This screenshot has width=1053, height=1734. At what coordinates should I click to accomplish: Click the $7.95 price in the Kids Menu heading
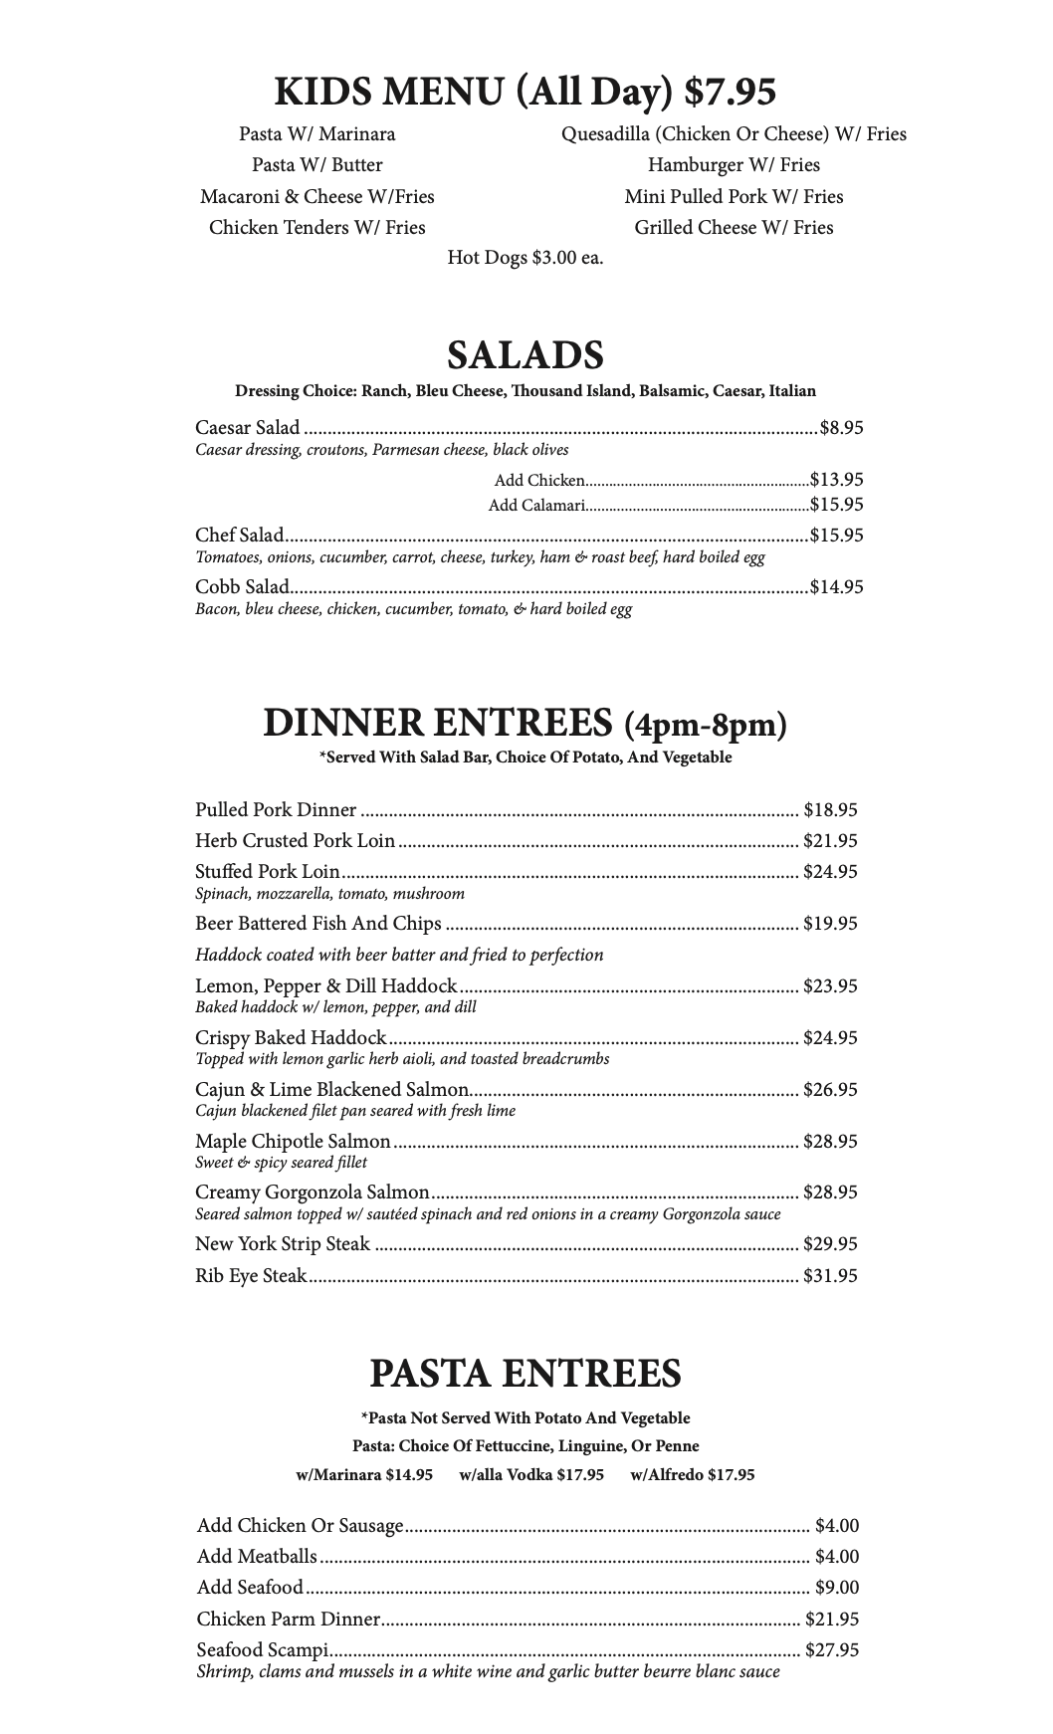(x=731, y=92)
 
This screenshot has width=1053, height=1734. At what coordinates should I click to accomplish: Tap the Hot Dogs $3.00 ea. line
(x=526, y=258)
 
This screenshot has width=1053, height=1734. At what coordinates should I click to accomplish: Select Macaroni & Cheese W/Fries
(x=316, y=196)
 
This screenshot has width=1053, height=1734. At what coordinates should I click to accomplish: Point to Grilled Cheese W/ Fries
(x=734, y=227)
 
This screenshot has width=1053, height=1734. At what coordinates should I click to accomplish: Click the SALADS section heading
(x=526, y=355)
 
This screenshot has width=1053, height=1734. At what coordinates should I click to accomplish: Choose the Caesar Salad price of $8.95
(x=841, y=428)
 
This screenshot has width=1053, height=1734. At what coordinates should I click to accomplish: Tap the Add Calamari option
(x=535, y=505)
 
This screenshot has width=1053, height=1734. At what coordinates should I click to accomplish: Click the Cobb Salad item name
(x=242, y=586)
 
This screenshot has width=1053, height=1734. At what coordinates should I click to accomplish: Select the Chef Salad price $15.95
(x=836, y=535)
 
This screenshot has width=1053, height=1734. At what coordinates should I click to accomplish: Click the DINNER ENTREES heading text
(x=438, y=723)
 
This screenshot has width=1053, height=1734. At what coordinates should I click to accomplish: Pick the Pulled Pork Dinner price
(x=830, y=810)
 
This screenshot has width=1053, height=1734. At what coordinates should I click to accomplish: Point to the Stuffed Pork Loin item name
(x=267, y=872)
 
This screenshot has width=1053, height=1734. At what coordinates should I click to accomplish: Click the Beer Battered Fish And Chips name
(x=317, y=924)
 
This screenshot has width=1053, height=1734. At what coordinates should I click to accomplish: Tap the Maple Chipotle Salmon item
(x=293, y=1141)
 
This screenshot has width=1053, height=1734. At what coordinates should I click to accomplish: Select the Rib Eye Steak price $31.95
(x=830, y=1275)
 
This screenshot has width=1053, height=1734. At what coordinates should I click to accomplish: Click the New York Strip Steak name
(x=282, y=1243)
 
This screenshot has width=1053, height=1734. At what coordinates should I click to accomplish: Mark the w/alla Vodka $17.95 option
(x=531, y=1474)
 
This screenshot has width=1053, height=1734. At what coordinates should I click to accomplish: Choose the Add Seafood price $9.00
(x=836, y=1587)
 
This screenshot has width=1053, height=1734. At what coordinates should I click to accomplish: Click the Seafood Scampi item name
(x=263, y=1649)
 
